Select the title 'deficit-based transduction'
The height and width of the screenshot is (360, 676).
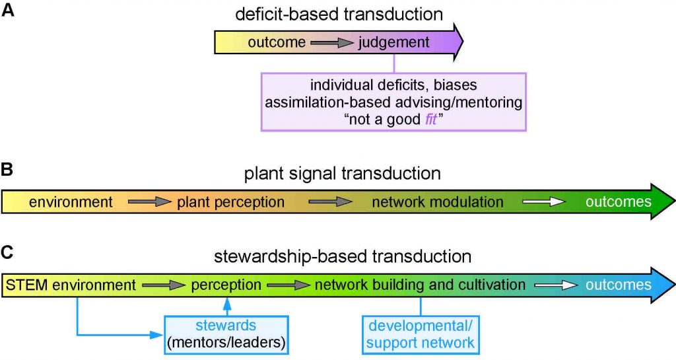point(341,14)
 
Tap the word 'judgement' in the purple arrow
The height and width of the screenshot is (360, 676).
point(393,43)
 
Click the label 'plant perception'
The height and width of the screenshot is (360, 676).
point(230,202)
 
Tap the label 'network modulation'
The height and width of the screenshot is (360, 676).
point(438,202)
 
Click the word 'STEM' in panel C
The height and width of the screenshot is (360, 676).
point(26,285)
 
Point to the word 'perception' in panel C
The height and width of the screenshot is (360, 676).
point(226,285)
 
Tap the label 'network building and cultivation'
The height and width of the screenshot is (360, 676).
point(420,285)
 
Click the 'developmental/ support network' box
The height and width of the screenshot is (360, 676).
point(421,334)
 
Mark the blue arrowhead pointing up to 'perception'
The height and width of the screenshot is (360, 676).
point(227,301)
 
